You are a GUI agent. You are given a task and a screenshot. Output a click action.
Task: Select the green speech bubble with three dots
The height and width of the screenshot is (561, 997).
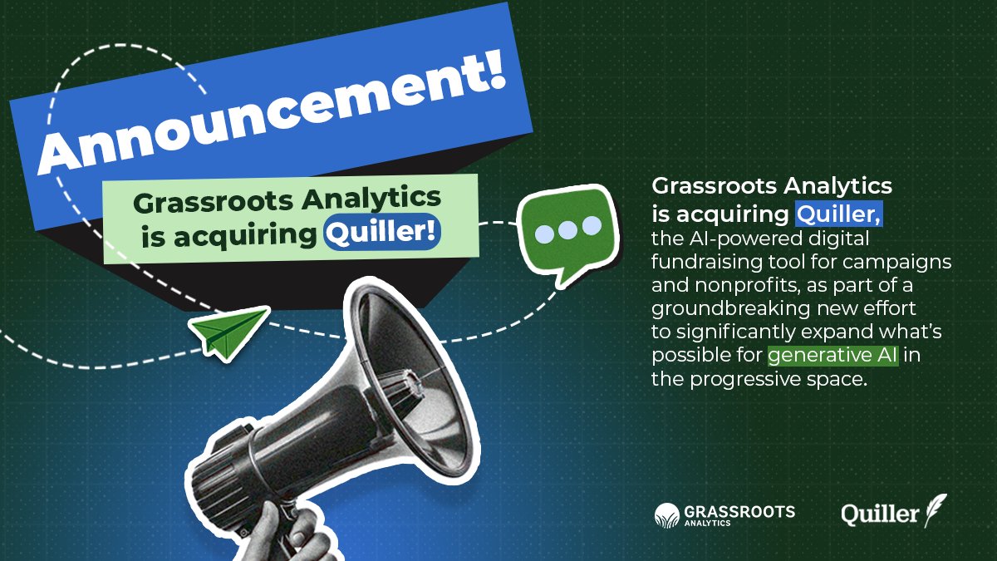coord(567,231)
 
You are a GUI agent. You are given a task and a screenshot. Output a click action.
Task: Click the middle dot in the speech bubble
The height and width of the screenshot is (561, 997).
coord(567,227)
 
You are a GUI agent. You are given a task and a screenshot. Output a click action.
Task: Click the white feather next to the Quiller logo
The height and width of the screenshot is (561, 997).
coord(936,509)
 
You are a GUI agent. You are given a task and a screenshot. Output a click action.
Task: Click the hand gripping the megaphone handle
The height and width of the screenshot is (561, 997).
coord(291,532)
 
